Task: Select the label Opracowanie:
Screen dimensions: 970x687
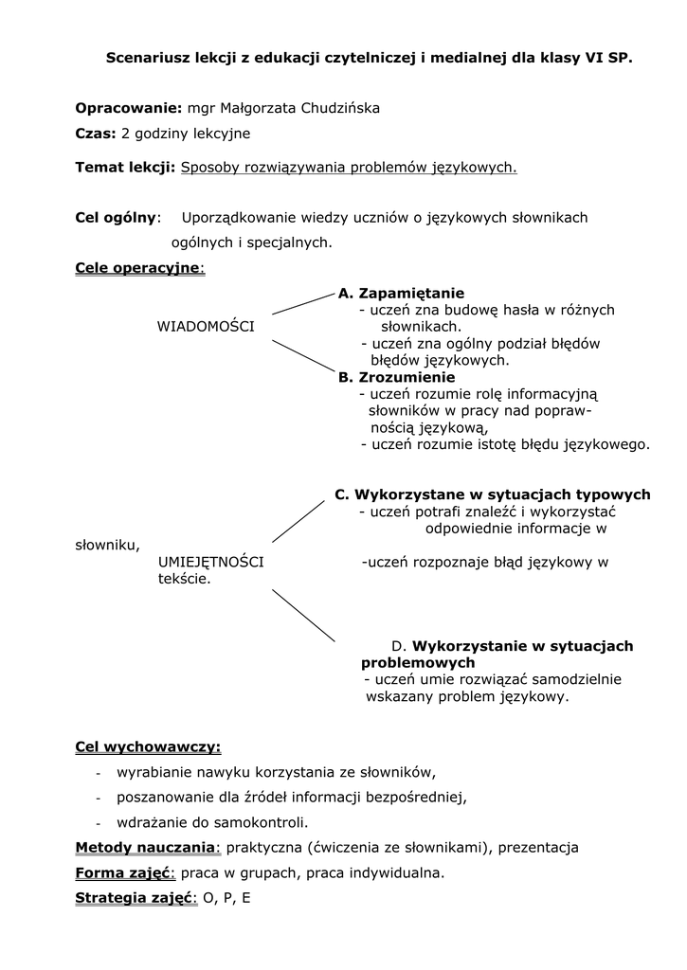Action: [x=128, y=108]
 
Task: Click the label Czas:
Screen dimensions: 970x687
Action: [x=95, y=134]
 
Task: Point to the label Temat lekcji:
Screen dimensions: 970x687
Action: [x=125, y=168]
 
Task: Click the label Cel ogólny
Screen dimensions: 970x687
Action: [x=115, y=218]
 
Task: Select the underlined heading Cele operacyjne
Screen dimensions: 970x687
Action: [x=137, y=268]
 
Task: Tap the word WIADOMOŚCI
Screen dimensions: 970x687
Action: [x=205, y=327]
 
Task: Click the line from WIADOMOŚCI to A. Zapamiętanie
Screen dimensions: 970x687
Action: [x=303, y=303]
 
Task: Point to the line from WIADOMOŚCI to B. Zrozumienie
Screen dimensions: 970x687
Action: [x=303, y=355]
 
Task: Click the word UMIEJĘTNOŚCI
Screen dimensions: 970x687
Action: [x=210, y=563]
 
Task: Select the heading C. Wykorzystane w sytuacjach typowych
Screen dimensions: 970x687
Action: [x=492, y=494]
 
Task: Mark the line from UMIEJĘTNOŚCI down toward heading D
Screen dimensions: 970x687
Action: [x=303, y=616]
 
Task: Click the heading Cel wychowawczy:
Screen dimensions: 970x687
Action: [x=148, y=747]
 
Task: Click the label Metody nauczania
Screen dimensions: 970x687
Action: [x=145, y=847]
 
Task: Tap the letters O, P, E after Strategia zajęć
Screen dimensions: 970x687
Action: [x=227, y=897]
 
